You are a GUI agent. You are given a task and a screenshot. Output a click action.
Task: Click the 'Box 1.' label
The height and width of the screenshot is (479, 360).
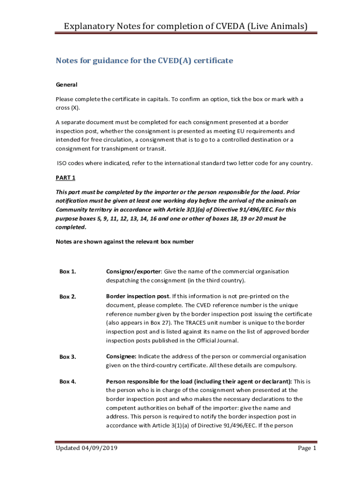click(x=68, y=272)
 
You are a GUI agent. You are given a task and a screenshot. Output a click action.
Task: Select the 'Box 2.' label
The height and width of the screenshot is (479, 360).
click(x=68, y=297)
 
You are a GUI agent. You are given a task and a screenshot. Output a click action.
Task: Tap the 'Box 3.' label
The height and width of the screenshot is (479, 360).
click(x=68, y=357)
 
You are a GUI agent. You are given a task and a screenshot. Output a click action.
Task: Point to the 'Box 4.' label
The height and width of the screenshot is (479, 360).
click(x=68, y=382)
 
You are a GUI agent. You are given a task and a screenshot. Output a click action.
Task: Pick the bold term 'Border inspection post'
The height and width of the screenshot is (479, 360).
click(x=137, y=296)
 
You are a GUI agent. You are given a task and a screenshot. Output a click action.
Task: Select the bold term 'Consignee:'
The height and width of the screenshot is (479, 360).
click(x=121, y=357)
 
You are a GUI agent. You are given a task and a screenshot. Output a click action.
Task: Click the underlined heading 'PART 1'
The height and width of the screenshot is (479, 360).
click(x=65, y=178)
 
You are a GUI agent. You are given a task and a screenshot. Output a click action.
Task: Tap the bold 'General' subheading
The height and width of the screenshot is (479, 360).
click(x=66, y=85)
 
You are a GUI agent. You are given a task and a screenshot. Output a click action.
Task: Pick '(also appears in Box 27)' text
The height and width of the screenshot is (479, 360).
click(x=140, y=323)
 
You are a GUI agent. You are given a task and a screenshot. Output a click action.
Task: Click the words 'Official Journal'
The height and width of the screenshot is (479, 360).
click(x=206, y=341)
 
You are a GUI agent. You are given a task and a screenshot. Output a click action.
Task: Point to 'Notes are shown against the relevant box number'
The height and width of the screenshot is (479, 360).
click(x=124, y=242)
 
